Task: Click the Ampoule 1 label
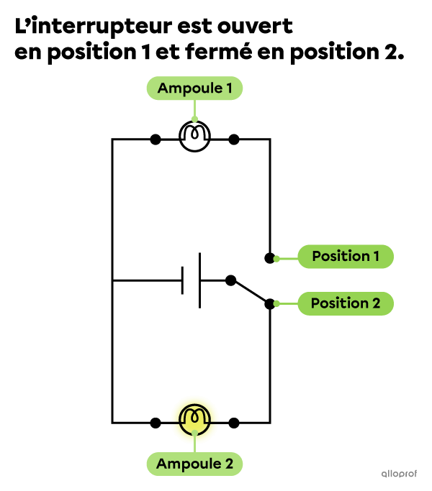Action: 194,88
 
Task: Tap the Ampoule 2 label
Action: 194,464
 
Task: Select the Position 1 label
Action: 346,257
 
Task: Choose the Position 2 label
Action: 346,303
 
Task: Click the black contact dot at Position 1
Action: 269,258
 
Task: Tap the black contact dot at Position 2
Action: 269,304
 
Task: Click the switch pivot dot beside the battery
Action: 230,280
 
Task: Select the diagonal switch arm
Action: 251,292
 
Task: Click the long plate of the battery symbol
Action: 200,280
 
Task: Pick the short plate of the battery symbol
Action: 182,280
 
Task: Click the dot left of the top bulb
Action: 156,139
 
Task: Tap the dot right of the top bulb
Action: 234,139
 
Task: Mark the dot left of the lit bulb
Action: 156,423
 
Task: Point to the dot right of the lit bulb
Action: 234,423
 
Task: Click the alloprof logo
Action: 399,474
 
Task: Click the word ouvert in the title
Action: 255,26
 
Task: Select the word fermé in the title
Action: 218,52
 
